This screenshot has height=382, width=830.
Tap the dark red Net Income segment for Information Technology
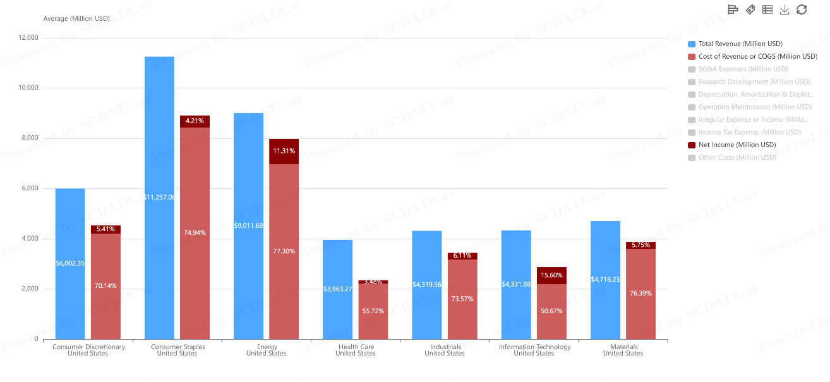tap(551, 275)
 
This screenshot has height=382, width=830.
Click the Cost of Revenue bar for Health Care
tap(373, 311)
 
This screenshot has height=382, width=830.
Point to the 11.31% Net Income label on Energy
tap(284, 151)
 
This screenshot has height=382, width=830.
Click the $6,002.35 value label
tap(70, 263)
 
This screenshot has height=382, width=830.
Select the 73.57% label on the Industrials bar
tap(462, 299)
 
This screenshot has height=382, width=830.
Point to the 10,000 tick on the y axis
tap(27, 88)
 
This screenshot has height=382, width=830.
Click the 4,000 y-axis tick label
tap(29, 239)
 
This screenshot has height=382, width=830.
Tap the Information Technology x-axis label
tap(534, 347)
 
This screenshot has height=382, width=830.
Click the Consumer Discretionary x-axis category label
tap(88, 347)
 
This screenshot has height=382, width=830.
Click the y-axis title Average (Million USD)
tap(76, 18)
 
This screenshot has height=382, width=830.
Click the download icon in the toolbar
tap(785, 9)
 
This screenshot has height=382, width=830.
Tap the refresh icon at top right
tap(802, 9)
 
